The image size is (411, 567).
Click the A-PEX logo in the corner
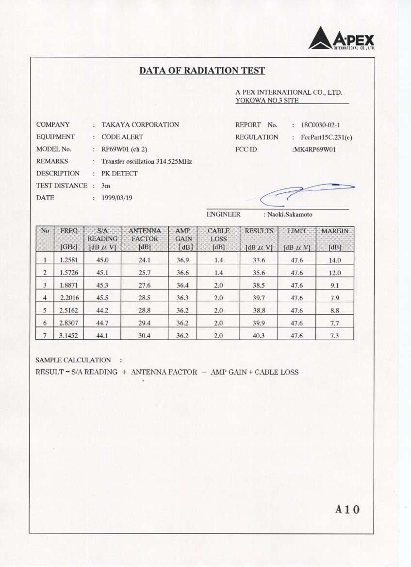click(342, 38)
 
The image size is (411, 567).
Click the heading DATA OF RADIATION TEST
click(202, 71)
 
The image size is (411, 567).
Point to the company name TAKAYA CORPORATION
click(140, 125)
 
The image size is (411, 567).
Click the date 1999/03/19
click(117, 198)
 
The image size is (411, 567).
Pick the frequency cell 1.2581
click(68, 260)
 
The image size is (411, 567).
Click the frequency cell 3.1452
click(68, 335)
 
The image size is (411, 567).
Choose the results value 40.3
click(259, 335)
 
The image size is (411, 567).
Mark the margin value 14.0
click(335, 260)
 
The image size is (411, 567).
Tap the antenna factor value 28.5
click(145, 298)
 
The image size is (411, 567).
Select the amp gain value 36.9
click(183, 260)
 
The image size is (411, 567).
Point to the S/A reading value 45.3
click(102, 285)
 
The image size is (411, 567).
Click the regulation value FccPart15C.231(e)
click(327, 137)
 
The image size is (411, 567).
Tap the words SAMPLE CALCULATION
click(73, 360)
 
